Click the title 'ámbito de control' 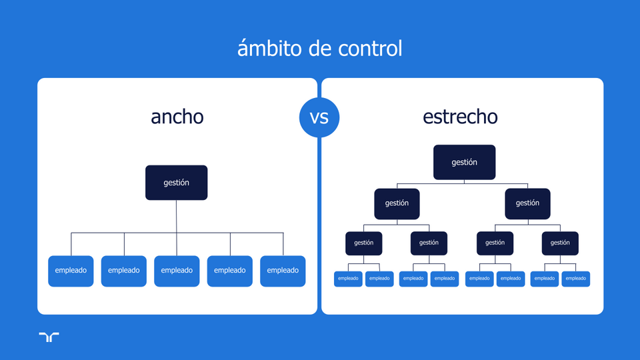click(320, 49)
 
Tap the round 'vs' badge click(319, 118)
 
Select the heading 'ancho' click(177, 117)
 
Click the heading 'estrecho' click(460, 117)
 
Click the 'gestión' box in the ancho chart click(177, 183)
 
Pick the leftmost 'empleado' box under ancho click(71, 271)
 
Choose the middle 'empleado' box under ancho click(177, 271)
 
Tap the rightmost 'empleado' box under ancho click(283, 271)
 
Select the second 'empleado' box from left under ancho click(124, 271)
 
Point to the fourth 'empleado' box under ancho click(230, 271)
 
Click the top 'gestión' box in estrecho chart click(464, 162)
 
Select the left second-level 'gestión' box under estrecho click(397, 203)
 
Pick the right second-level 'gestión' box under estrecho click(527, 203)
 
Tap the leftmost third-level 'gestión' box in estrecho click(364, 243)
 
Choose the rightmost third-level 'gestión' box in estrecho click(560, 243)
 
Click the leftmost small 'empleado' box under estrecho click(348, 279)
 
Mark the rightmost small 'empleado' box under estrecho click(576, 279)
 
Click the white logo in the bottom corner click(49, 337)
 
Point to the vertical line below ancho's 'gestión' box click(177, 217)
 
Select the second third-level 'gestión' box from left click(429, 243)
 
